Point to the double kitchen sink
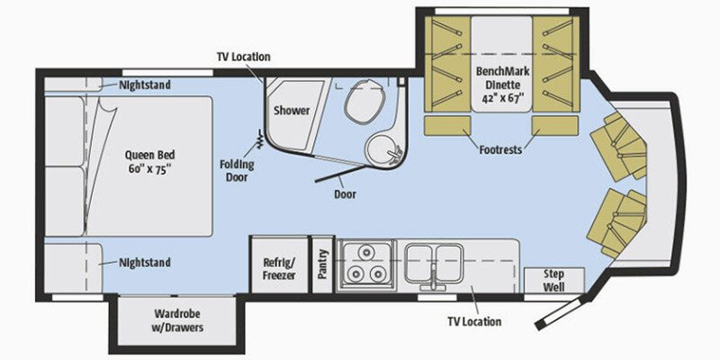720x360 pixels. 434,264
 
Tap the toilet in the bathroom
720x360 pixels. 365,101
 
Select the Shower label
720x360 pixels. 292,111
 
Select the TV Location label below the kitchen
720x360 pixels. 474,321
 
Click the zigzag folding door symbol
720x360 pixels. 260,139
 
